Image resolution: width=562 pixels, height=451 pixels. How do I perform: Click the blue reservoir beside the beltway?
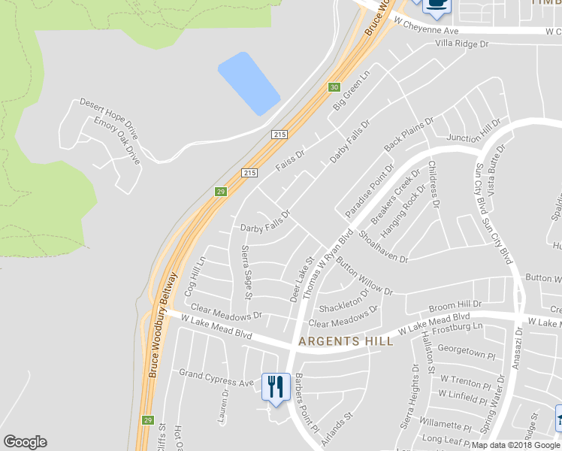(x=249, y=83)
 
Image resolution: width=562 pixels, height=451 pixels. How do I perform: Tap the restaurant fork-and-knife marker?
(x=276, y=386)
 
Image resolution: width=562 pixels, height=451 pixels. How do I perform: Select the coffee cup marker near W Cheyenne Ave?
(x=437, y=5)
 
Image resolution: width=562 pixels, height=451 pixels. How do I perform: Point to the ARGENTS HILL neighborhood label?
(x=345, y=341)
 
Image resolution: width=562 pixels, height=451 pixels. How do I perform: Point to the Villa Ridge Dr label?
(x=461, y=44)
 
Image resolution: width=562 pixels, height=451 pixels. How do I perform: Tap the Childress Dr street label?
(x=434, y=183)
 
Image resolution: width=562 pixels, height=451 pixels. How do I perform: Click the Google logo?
(x=25, y=442)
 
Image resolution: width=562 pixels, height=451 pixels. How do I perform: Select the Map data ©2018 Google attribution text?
(x=516, y=445)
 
